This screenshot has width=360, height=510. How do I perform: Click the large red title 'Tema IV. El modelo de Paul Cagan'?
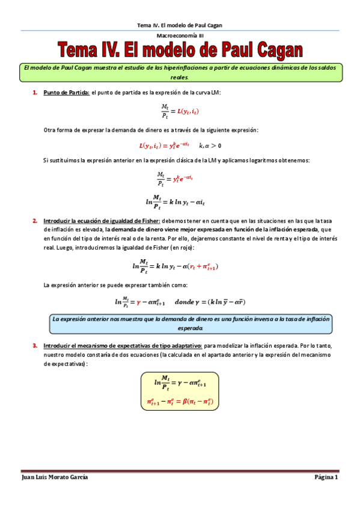pyautogui.click(x=180, y=50)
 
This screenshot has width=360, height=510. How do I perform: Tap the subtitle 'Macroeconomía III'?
pyautogui.click(x=180, y=36)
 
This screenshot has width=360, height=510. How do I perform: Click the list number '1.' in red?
pyautogui.click(x=35, y=92)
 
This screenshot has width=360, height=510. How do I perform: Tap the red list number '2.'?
pyautogui.click(x=35, y=221)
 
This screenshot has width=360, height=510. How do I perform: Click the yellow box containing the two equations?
pyautogui.click(x=180, y=392)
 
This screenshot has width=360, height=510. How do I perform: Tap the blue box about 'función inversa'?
pyautogui.click(x=191, y=324)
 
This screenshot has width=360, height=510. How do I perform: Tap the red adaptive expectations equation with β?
pyautogui.click(x=180, y=401)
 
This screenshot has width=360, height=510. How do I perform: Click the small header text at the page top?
pyautogui.click(x=180, y=25)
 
